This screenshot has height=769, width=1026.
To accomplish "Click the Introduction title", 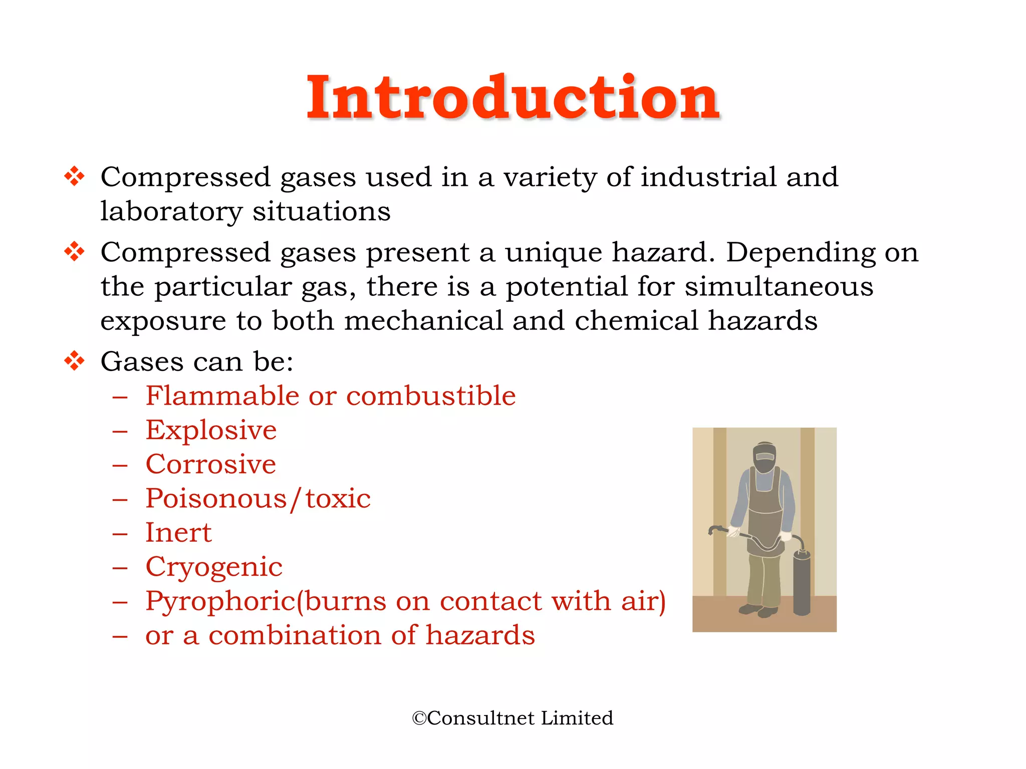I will point(513,98).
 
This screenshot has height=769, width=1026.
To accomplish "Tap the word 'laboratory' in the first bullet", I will point(171,212).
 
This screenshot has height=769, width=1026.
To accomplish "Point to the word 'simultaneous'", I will point(779,286).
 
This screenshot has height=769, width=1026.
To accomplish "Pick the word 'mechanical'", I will point(423,321).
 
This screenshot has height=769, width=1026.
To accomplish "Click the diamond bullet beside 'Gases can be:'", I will point(74,361).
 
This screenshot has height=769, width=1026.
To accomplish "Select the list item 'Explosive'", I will point(211,430).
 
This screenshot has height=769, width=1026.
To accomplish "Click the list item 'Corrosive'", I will point(210,465).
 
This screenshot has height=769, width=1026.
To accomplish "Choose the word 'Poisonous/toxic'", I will point(258,499).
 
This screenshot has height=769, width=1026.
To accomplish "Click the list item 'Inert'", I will point(178,533).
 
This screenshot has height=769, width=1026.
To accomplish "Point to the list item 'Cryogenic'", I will point(214,567).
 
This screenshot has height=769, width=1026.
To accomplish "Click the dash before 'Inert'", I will point(120,534).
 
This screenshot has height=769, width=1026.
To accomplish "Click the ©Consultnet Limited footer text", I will point(512,718).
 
